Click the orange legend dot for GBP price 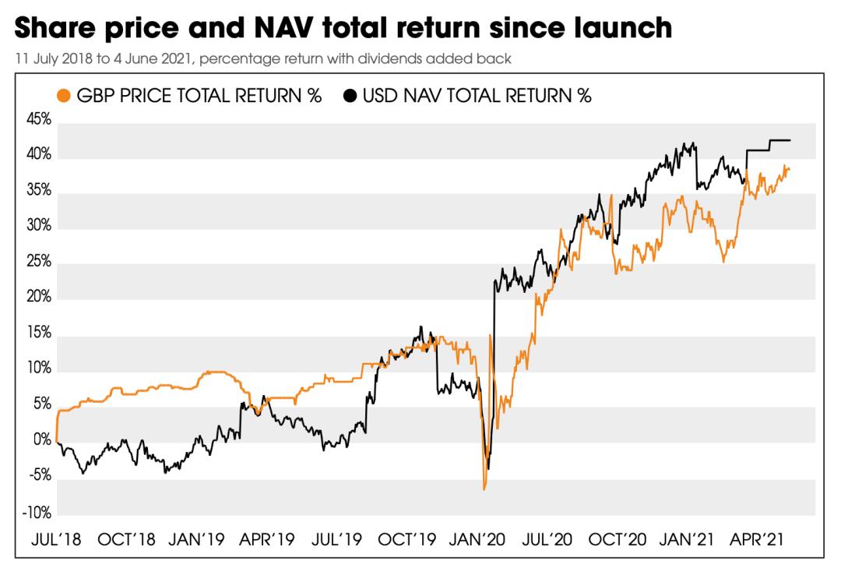(65, 96)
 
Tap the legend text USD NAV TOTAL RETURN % (477, 96)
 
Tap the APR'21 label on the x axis (761, 539)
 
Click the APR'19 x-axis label (267, 539)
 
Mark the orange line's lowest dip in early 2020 (484, 489)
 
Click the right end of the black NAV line (790, 140)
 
